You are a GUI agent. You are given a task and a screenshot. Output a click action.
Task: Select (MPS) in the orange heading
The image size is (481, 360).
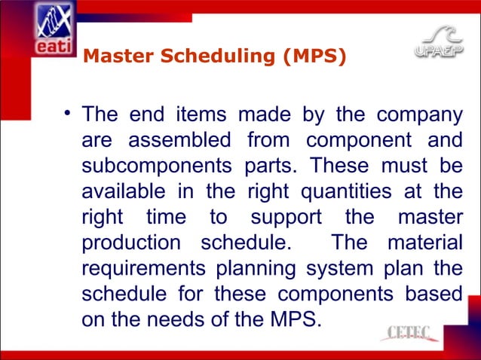314,55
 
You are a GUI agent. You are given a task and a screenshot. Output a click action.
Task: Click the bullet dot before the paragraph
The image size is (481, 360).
67,114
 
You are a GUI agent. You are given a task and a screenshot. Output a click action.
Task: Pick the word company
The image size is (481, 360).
419,117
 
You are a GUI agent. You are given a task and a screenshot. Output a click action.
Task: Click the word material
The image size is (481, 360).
424,244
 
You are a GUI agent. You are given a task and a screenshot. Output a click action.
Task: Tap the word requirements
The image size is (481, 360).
142,270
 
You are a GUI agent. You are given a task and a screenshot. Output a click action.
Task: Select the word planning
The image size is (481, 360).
259,270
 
